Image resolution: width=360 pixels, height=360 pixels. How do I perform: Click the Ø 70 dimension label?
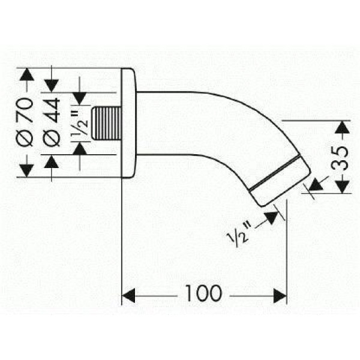click(x=25, y=122)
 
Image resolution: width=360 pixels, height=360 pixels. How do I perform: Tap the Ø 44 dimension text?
click(x=52, y=122)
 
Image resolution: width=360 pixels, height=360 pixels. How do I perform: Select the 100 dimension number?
click(x=203, y=293)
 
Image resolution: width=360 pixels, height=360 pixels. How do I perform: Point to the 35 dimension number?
click(x=340, y=158)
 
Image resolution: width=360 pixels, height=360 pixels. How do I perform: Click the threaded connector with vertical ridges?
click(x=106, y=123)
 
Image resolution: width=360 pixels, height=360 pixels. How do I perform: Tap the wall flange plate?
click(x=128, y=123)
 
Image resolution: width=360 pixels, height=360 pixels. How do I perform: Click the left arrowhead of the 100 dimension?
click(x=128, y=296)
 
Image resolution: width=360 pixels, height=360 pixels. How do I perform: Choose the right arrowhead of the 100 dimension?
click(x=280, y=296)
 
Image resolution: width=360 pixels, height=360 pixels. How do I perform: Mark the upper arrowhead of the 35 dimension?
click(x=342, y=127)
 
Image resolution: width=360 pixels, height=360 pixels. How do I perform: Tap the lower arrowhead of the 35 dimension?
click(x=342, y=187)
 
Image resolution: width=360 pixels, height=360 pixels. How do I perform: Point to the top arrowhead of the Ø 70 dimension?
click(x=27, y=74)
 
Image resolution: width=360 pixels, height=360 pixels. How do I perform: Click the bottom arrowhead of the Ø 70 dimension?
click(x=27, y=170)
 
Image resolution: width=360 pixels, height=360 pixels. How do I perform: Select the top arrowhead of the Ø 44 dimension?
click(x=52, y=86)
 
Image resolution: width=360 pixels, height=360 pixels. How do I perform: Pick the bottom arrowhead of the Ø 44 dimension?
click(x=52, y=161)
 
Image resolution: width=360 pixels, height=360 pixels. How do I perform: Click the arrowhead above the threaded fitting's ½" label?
click(x=79, y=99)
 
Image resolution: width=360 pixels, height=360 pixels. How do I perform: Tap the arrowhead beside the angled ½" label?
click(x=272, y=218)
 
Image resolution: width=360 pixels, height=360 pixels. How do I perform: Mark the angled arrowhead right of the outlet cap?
click(x=316, y=184)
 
